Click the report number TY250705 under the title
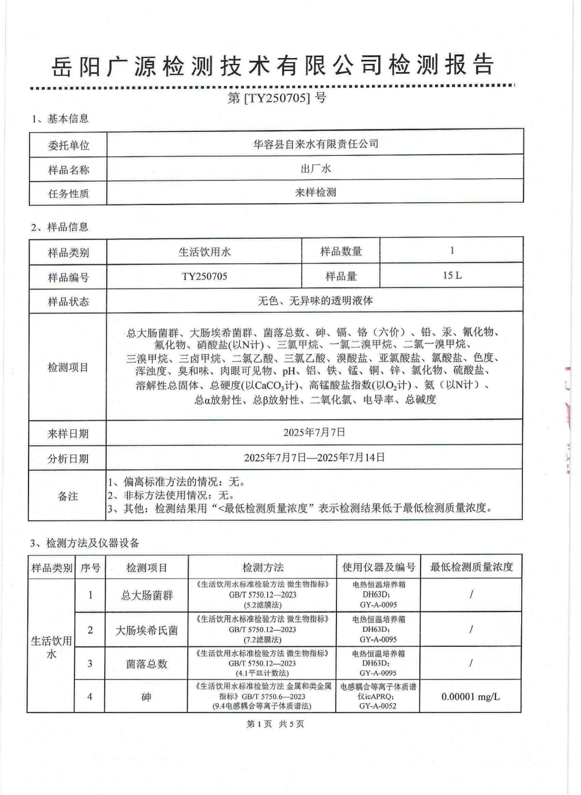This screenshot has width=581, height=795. (x=277, y=98)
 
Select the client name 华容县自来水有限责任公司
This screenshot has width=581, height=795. (x=315, y=143)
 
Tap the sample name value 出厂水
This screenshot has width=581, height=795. (x=315, y=168)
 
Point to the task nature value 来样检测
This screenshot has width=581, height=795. (x=315, y=192)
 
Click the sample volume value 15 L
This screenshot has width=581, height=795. (x=452, y=275)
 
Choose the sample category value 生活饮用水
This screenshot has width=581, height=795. (x=205, y=251)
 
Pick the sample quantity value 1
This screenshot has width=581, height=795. (x=452, y=251)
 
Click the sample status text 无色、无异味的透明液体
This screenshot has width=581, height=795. (x=315, y=301)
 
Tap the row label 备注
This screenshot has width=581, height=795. (x=68, y=496)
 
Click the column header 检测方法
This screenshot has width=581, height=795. (x=263, y=567)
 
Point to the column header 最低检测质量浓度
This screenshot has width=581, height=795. (x=471, y=567)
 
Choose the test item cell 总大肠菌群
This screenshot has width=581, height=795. (x=146, y=595)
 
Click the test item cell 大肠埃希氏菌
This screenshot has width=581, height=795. (x=146, y=630)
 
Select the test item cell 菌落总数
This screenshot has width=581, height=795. (x=146, y=664)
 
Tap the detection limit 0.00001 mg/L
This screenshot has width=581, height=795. (x=471, y=696)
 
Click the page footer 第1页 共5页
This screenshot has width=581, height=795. (x=275, y=724)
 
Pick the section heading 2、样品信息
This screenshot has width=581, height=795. (x=60, y=227)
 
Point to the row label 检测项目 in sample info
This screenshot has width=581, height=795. (x=68, y=367)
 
